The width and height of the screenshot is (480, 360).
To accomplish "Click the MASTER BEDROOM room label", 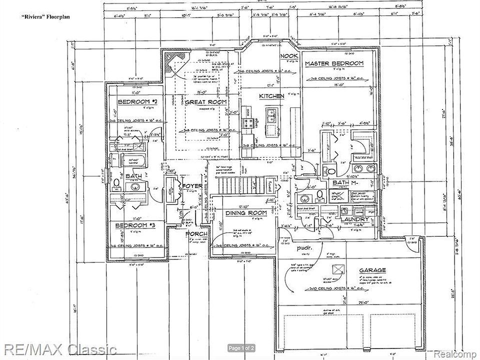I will coord(334,63).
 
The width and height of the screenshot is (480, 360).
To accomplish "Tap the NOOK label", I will coord(288,56).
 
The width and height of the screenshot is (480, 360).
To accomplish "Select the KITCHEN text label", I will coord(271,96).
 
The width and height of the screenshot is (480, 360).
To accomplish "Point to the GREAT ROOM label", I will coord(206,102).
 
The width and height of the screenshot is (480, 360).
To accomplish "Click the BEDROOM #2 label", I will coord(137,102).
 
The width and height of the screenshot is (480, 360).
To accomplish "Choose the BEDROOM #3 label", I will coord(136,225).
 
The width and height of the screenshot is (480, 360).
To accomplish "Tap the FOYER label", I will coord(191,186).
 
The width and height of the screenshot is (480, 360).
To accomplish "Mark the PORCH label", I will coord(196,234).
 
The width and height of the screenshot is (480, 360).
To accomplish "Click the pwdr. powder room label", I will coord(303,247).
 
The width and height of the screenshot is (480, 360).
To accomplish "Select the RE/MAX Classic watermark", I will coord(58,348).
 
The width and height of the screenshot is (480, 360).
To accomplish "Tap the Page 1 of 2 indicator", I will coord(241,348).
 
